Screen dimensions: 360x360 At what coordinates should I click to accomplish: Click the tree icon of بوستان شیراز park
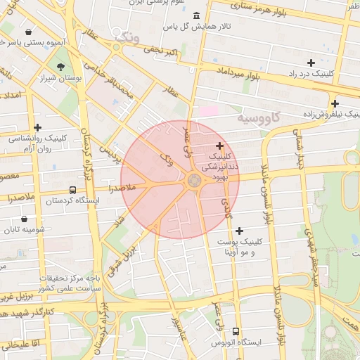(x=62, y=67)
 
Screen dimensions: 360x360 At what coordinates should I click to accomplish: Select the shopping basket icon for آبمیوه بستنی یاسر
(x=27, y=32)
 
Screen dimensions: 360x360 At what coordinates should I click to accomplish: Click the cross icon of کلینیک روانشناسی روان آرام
(x=37, y=127)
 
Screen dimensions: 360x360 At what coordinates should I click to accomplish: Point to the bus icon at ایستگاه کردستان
(x=72, y=190)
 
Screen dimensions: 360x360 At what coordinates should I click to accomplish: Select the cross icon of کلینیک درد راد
(x=311, y=63)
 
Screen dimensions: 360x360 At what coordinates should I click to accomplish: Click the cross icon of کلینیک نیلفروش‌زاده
(x=335, y=103)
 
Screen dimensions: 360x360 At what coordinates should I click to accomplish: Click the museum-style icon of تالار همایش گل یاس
(x=195, y=16)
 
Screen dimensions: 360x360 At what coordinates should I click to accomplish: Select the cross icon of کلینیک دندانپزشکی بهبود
(x=220, y=146)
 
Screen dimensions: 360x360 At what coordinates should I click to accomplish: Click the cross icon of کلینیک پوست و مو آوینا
(x=240, y=230)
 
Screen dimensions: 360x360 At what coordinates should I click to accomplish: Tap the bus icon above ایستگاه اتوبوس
(x=235, y=330)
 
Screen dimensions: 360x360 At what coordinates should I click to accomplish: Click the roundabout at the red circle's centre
(x=193, y=181)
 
